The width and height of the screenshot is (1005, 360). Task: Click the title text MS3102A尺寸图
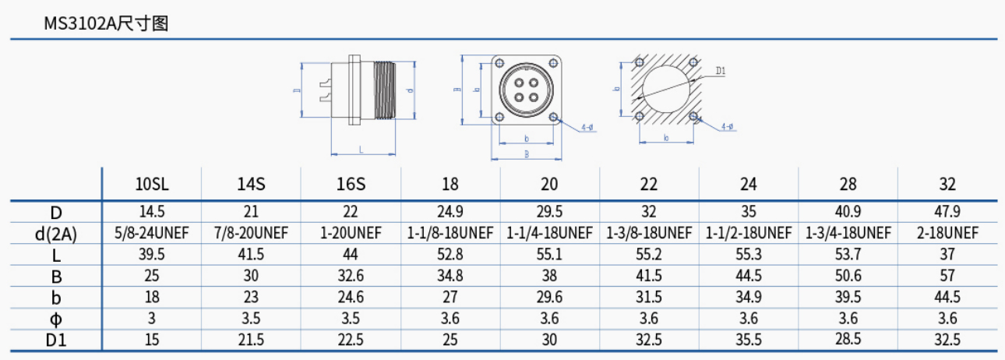point(106,23)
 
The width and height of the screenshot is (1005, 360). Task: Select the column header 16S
point(351,185)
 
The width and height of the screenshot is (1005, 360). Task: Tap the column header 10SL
point(151,185)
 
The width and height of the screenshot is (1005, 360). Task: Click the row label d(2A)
point(55,232)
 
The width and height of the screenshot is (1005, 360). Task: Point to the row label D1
point(55,339)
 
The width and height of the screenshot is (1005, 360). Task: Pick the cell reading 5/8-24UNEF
point(151,232)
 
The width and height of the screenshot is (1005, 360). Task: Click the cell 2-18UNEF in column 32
point(947,232)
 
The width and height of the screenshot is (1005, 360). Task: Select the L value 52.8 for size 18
point(450,254)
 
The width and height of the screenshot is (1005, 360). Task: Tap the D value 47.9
point(947,211)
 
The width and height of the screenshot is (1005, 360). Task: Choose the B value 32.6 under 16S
point(351,275)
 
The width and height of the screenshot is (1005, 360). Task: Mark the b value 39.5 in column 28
point(848,297)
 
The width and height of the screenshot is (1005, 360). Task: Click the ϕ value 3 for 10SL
point(151,318)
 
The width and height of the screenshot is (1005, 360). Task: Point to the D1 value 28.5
point(848,339)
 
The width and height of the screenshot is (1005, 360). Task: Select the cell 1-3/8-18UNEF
point(649,232)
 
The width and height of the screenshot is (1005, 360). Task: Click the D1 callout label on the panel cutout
point(720,71)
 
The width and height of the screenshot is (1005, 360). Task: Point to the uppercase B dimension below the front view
point(527,154)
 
